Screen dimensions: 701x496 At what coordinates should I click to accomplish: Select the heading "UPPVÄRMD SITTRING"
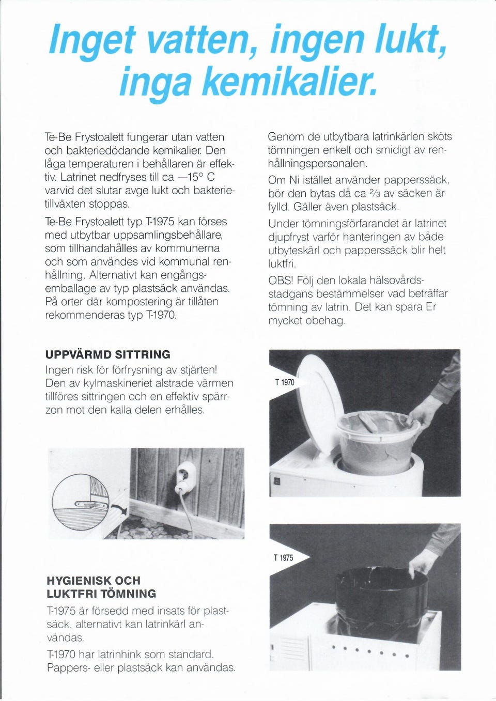[x=107, y=354]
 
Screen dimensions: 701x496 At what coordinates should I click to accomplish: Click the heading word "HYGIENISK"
[x=79, y=580]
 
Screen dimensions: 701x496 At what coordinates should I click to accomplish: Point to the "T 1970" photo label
[x=284, y=382]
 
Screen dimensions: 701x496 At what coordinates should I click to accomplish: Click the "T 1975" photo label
[x=283, y=558]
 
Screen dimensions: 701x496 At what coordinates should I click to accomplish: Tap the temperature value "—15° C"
[x=196, y=177]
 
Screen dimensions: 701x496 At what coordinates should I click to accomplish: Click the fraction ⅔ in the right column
[x=374, y=193]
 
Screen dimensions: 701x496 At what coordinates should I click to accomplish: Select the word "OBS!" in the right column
[x=281, y=280]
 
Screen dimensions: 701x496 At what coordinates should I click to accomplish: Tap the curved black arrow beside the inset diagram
[x=119, y=510]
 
